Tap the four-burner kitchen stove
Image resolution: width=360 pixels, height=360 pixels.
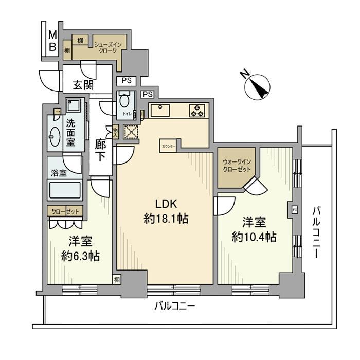coord(197,111)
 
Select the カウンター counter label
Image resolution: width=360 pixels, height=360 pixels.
coord(168,146)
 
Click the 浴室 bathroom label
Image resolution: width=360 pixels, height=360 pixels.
coord(59,173)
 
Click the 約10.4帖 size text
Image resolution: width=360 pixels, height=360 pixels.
coord(254,237)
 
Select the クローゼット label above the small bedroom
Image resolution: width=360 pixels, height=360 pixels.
coord(65,210)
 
